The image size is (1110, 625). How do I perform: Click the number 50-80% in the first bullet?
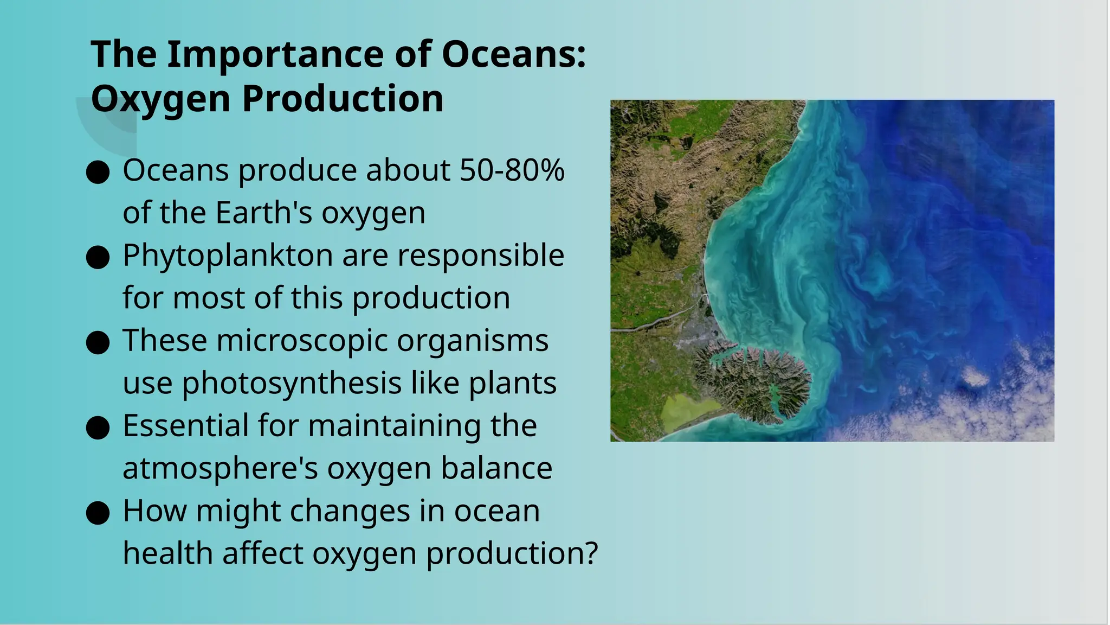(512, 170)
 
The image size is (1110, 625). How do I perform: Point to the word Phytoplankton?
(228, 256)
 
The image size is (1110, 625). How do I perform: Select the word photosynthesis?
(292, 384)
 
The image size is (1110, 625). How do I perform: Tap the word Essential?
(185, 426)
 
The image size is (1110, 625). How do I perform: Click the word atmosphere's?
(220, 468)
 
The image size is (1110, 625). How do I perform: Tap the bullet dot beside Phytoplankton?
(98, 258)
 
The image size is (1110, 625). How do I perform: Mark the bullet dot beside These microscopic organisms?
(98, 343)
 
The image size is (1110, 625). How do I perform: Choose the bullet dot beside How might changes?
(98, 513)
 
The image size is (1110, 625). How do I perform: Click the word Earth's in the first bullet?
(264, 213)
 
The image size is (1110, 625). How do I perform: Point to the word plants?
(512, 384)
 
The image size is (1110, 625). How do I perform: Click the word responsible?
(481, 256)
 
